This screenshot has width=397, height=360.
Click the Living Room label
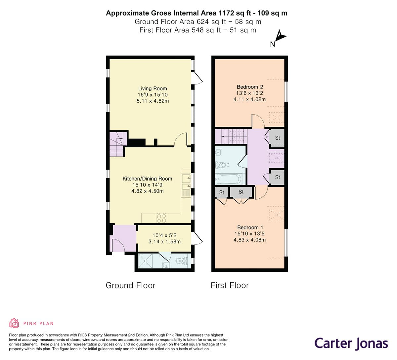153,88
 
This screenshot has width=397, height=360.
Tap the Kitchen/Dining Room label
148,179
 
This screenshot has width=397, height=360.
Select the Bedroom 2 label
250,87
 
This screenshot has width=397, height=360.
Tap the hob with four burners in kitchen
161,218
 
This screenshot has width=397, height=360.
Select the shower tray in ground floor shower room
146,261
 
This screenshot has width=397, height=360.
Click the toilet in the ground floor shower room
182,261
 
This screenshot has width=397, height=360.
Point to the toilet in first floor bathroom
222,165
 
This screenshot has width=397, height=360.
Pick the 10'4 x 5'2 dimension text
164,235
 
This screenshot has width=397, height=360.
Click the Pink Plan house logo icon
14,323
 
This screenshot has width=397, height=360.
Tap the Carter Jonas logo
351,344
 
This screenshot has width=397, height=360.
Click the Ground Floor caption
130,285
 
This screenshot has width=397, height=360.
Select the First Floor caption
230,285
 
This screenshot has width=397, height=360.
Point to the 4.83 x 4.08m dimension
249,240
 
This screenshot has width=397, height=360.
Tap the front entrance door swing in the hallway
118,245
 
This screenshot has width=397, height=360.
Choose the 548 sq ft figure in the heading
206,30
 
